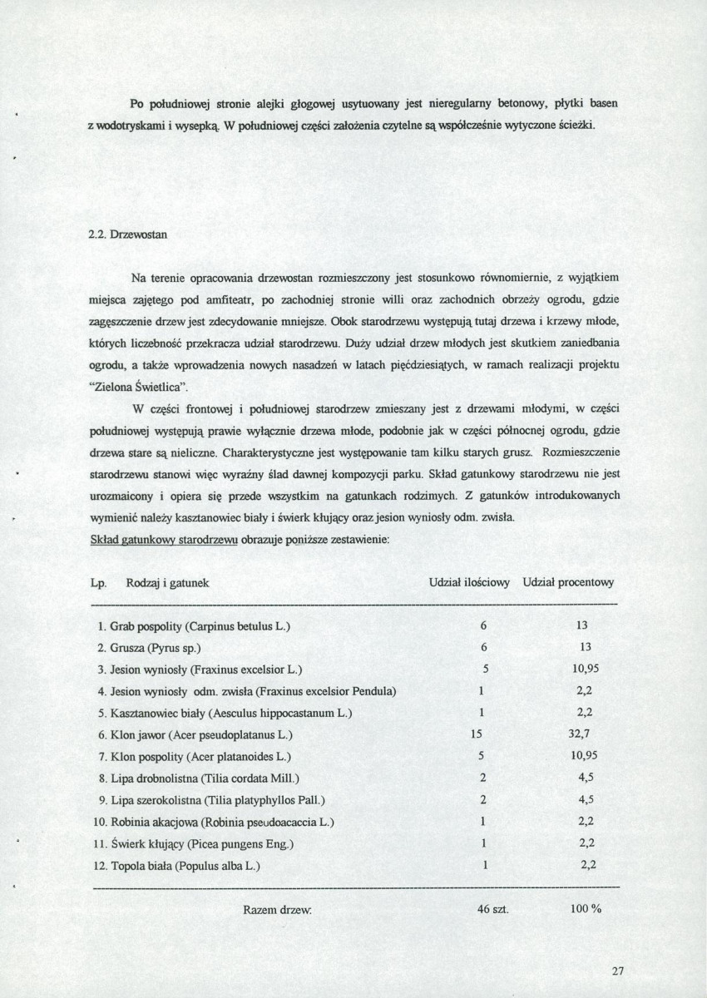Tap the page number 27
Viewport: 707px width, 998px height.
(x=616, y=970)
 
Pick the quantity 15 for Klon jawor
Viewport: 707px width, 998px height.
(x=477, y=735)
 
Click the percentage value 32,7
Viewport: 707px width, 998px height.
(x=583, y=735)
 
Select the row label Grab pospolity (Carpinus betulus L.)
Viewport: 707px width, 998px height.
(x=194, y=625)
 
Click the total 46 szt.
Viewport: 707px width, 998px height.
(x=492, y=909)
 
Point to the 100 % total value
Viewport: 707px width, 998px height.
(x=586, y=909)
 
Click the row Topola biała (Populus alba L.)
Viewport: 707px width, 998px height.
(x=178, y=866)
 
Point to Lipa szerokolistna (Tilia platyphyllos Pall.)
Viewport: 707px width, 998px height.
(x=210, y=800)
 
